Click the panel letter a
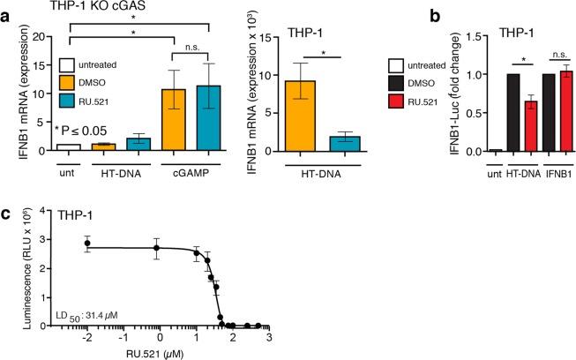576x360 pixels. click(x=7, y=11)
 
